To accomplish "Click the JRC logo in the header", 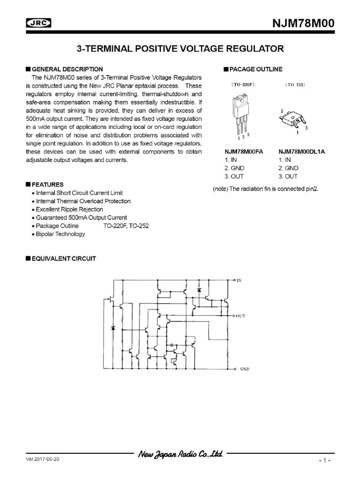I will [x=38, y=23].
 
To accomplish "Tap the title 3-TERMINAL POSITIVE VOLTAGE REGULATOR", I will [x=180, y=49].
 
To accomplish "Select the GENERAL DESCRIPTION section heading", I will [x=67, y=69].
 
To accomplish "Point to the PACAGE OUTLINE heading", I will [x=255, y=69].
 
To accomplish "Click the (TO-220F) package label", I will [x=242, y=85].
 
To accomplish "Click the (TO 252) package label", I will [x=295, y=85].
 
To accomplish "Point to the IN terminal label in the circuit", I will [x=239, y=280].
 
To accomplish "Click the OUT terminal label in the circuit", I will [x=241, y=316].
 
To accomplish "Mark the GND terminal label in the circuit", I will [x=244, y=369].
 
